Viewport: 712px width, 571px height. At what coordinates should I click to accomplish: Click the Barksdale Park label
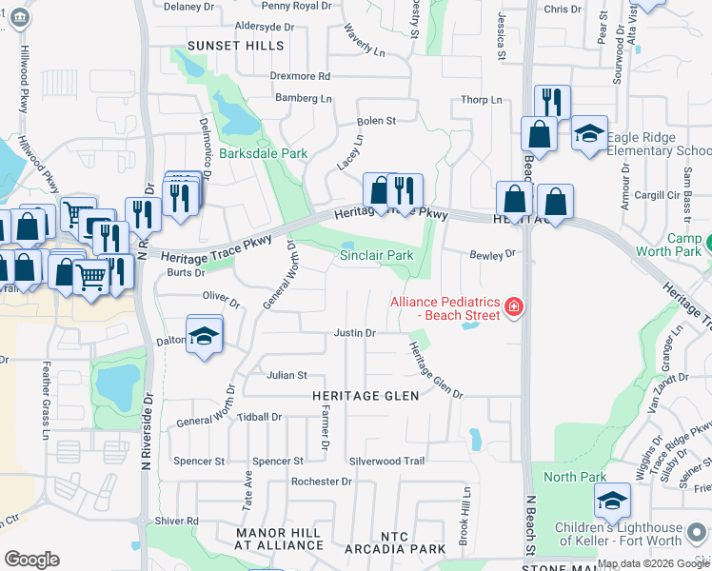point(249,152)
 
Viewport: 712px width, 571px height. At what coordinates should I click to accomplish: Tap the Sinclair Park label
point(377,255)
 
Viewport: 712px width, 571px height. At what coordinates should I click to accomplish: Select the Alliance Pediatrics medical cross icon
point(514,306)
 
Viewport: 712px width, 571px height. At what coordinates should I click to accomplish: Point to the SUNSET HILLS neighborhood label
point(235,46)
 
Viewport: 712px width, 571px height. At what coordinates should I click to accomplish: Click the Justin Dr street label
point(355,333)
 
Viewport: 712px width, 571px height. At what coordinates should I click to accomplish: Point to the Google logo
point(31,560)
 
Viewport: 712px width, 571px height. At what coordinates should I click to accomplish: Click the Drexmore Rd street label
point(300,76)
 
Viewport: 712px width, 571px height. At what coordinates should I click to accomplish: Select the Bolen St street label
point(376,121)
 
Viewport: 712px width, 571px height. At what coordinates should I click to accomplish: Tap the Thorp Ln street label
point(481,100)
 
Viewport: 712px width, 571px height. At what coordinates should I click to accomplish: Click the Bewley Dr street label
point(492,254)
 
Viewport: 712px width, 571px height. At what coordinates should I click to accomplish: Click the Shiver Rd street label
point(178,521)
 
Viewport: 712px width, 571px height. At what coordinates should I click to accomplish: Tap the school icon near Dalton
point(205,336)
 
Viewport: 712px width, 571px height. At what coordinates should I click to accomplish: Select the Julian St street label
point(287,376)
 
